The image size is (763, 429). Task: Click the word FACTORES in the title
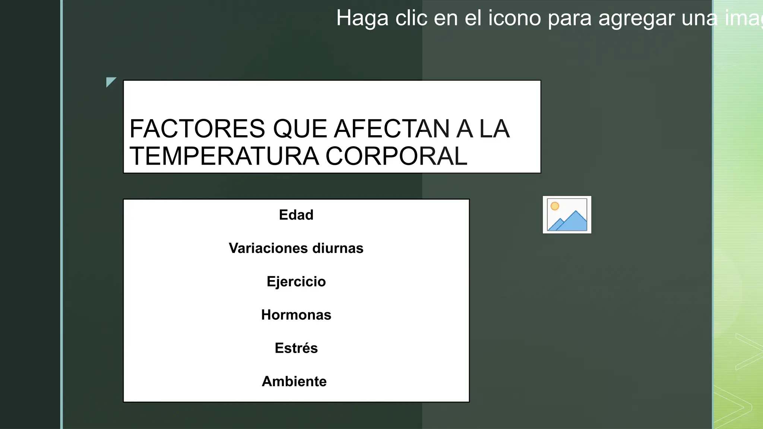pos(197,129)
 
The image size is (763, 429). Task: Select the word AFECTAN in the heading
pos(392,129)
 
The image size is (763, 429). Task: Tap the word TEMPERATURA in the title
pos(224,156)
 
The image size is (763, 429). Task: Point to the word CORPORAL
pos(396,156)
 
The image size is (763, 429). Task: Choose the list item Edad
pos(296,215)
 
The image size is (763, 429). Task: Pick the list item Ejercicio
pos(296,282)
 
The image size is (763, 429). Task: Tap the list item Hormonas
pos(296,315)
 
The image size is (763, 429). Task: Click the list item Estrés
pos(296,348)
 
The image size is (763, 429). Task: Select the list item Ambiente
pos(294,381)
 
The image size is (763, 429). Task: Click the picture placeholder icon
pos(567,215)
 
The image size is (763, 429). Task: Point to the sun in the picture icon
pos(555,206)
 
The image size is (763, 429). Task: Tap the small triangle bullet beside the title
pos(110,82)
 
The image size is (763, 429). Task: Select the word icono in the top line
pos(515,18)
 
